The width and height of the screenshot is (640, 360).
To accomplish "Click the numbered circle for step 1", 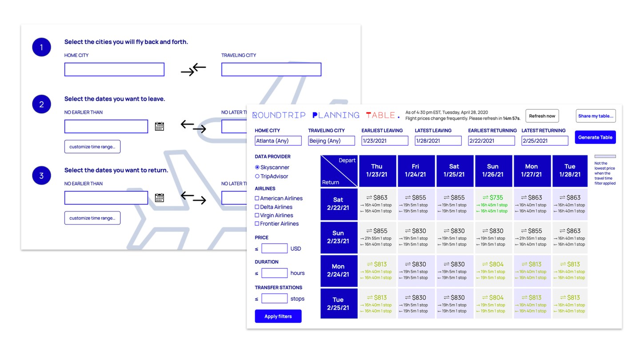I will [x=41, y=47].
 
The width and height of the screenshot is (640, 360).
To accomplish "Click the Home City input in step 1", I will [x=114, y=69].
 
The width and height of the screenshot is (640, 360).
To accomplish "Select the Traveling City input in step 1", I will [x=271, y=69].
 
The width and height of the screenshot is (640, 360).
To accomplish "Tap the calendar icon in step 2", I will [x=160, y=126].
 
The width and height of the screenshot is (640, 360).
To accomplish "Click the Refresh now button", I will [x=542, y=116].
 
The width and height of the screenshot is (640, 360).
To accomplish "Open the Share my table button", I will [x=596, y=116].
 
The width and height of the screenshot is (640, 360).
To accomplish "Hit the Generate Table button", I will [x=595, y=137].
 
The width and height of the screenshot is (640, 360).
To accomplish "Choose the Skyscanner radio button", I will [x=257, y=168].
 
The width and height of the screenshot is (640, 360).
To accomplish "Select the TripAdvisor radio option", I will [x=257, y=176].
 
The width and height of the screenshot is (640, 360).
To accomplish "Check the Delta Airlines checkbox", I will [x=257, y=207].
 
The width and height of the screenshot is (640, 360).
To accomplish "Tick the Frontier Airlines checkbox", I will [x=257, y=224].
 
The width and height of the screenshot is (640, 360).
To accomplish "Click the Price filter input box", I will [x=274, y=248].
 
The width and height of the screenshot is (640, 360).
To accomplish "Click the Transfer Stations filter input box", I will [x=274, y=299].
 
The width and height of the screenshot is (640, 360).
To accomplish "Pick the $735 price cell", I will [x=493, y=204].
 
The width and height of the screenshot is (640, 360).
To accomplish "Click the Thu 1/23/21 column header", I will [x=377, y=171].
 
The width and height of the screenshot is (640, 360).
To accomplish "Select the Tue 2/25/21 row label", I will [x=339, y=304].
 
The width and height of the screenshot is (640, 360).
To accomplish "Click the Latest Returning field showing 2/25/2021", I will [x=544, y=141].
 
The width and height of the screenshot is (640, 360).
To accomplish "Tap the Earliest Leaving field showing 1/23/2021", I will [x=384, y=141].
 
